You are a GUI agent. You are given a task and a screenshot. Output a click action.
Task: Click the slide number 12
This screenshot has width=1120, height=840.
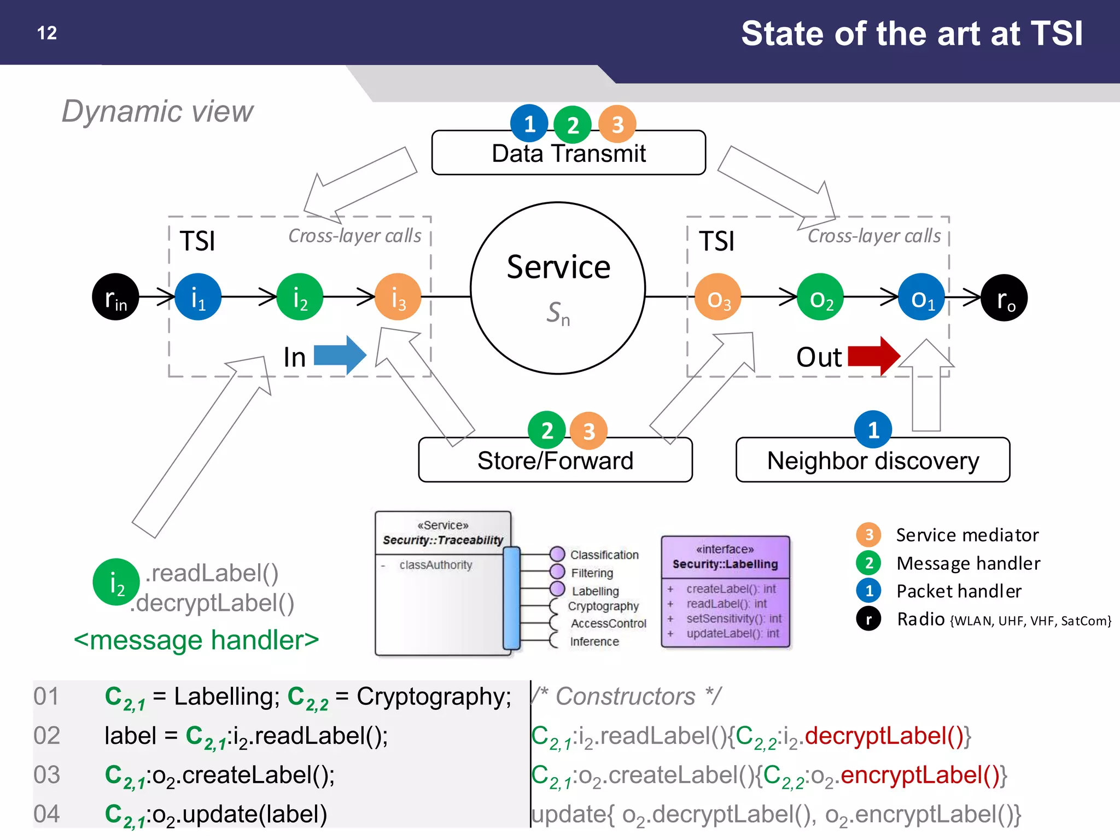click(47, 33)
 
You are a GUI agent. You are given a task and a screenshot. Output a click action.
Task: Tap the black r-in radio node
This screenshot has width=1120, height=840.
click(115, 297)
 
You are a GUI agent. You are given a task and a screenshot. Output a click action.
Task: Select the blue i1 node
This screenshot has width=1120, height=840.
click(198, 297)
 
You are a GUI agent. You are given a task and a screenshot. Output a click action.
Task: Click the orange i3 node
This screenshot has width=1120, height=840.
click(398, 297)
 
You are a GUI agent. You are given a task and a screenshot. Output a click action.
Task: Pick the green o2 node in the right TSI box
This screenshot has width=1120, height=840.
click(820, 297)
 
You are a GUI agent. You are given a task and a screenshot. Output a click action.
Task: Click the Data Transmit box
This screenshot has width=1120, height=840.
click(568, 153)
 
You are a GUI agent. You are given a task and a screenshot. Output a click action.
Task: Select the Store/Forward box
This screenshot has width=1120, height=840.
click(555, 460)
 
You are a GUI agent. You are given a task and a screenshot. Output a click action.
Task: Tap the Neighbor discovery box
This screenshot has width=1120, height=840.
click(873, 460)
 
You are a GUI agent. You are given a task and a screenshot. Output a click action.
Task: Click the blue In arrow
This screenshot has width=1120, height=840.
click(340, 355)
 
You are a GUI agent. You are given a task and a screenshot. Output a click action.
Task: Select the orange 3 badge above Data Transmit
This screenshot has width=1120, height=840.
click(617, 124)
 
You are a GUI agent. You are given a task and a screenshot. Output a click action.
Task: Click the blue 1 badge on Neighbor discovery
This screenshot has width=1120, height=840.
click(873, 429)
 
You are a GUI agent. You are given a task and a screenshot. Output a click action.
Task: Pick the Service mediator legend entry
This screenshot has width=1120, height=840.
click(967, 535)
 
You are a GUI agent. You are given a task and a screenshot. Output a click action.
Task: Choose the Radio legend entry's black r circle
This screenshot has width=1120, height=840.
click(868, 619)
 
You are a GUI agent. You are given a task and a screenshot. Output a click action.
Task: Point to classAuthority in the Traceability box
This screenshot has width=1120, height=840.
click(435, 565)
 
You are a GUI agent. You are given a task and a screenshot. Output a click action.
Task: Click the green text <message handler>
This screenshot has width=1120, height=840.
click(196, 640)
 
